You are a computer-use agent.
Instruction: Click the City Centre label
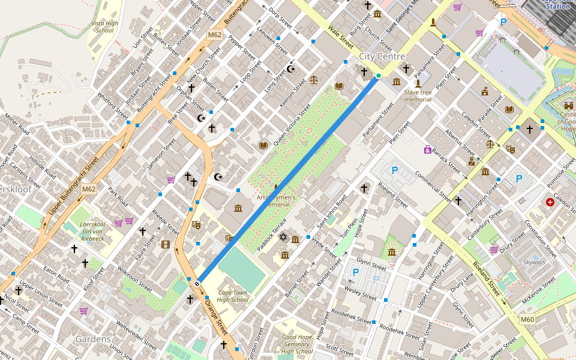(x=382, y=56)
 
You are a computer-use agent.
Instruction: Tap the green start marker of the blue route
(x=379, y=76)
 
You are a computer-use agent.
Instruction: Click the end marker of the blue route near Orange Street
(x=197, y=283)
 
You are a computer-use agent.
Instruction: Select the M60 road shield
(x=527, y=319)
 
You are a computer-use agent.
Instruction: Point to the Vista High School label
(x=104, y=26)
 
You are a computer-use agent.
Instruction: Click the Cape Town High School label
(x=232, y=296)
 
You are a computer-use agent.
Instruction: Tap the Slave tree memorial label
(x=418, y=95)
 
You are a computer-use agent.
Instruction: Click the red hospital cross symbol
(x=550, y=203)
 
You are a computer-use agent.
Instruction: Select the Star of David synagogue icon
(x=284, y=238)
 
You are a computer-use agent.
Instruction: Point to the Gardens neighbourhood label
(x=93, y=339)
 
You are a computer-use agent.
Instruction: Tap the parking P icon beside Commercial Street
(x=395, y=170)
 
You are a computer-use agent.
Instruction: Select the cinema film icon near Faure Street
(x=166, y=244)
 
